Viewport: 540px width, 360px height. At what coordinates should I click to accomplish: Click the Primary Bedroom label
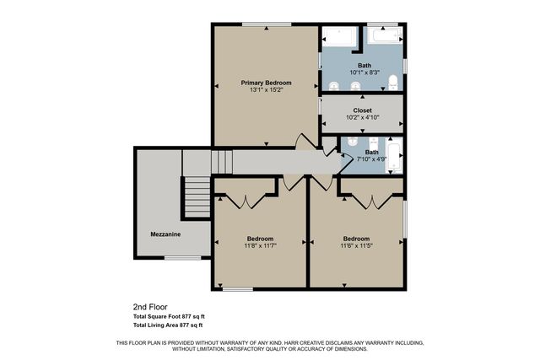point(266,83)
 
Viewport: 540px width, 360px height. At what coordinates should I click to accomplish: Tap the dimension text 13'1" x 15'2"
point(266,90)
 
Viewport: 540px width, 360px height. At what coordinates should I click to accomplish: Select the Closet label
point(362,110)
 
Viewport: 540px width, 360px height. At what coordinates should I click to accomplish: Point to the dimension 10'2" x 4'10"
point(362,117)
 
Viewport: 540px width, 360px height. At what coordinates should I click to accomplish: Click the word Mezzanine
point(165,234)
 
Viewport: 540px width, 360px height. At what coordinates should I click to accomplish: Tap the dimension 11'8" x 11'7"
point(261,246)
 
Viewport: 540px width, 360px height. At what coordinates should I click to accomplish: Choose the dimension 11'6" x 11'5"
point(356,246)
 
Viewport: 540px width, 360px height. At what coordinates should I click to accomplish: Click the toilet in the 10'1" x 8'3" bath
point(393,82)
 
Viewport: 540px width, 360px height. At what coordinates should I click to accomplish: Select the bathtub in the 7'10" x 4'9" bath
point(394,158)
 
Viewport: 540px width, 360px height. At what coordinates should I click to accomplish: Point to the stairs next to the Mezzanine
point(196,199)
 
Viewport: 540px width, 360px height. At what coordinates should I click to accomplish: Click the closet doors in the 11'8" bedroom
point(246,201)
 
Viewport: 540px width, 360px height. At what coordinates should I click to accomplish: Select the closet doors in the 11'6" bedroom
point(370,201)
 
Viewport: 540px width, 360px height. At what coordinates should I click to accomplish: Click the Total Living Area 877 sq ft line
point(168,325)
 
